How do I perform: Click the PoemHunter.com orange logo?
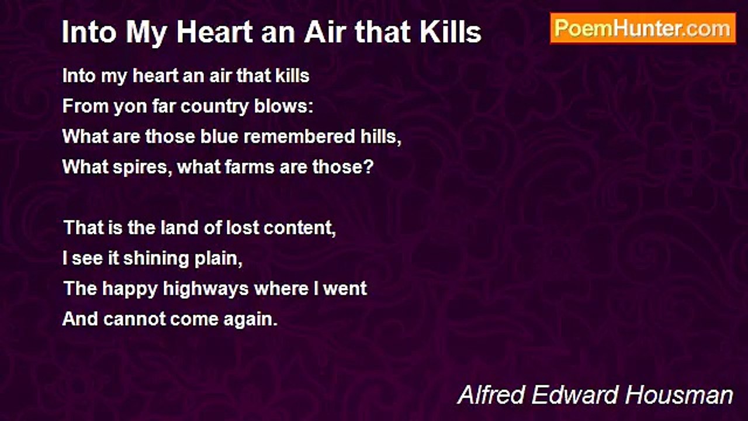point(643,29)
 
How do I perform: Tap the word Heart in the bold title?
point(214,32)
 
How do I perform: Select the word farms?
point(249,167)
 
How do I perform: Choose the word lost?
point(243,227)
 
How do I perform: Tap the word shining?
point(156,259)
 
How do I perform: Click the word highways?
point(206,289)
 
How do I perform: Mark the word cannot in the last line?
point(134,319)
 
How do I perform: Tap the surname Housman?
point(679,395)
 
